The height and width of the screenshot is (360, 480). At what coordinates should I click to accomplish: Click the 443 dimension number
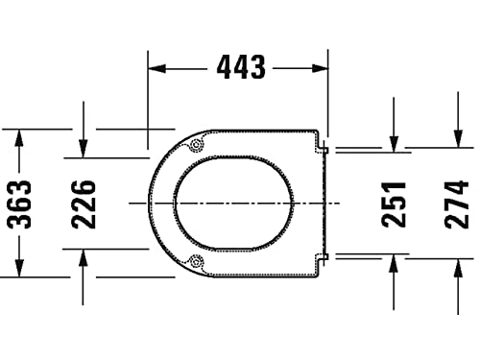click(241, 67)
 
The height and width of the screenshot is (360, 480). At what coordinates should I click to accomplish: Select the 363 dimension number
click(20, 204)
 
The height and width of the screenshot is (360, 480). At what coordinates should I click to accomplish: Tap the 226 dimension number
click(84, 204)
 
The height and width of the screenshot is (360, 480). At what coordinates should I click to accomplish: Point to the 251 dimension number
click(394, 204)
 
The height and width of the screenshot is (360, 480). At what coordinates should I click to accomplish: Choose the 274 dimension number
click(457, 204)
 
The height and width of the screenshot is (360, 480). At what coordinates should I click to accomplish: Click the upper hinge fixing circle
click(196, 145)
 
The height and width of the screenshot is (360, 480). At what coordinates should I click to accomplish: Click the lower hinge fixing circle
click(196, 262)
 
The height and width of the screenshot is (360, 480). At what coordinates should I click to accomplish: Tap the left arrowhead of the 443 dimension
click(157, 68)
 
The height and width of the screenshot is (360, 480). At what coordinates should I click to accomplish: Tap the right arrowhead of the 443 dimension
click(320, 68)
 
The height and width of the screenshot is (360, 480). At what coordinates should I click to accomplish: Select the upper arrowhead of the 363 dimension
click(19, 138)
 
